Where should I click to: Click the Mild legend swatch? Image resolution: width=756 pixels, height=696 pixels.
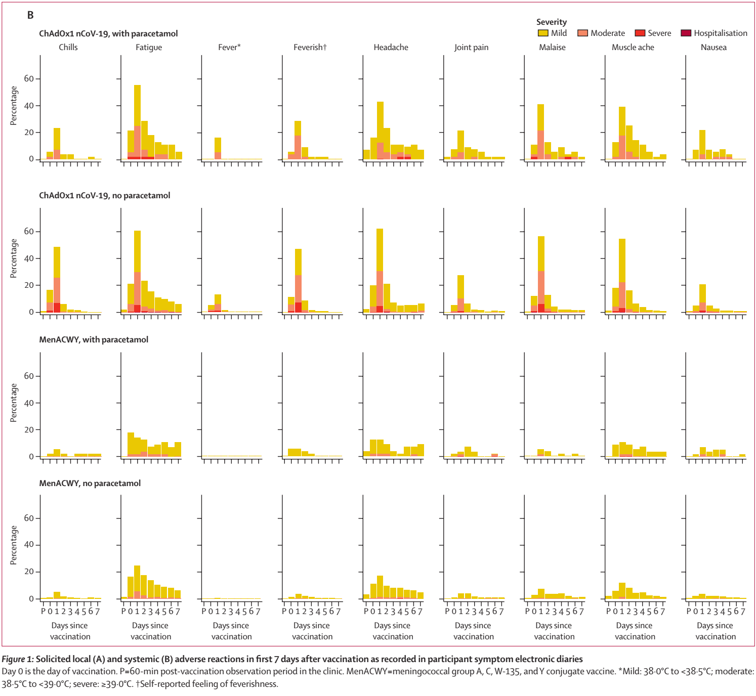pyautogui.click(x=543, y=33)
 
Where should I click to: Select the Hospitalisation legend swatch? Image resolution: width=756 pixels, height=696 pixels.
pyautogui.click(x=686, y=33)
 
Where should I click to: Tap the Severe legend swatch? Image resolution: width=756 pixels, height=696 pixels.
pyautogui.click(x=640, y=33)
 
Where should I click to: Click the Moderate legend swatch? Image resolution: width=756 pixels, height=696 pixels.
pyautogui.click(x=583, y=33)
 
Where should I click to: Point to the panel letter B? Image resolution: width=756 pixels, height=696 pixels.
pyautogui.click(x=30, y=15)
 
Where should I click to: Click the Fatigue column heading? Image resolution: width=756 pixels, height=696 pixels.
pyautogui.click(x=149, y=48)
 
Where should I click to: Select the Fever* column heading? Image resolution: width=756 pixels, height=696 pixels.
pyautogui.click(x=229, y=48)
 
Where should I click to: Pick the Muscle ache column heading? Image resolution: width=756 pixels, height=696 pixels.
pyautogui.click(x=633, y=48)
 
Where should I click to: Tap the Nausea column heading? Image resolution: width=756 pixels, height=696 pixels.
pyautogui.click(x=713, y=48)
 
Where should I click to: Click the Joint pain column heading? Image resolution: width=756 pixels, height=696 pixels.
pyautogui.click(x=471, y=48)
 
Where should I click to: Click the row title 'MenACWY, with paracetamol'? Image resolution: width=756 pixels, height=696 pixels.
pyautogui.click(x=94, y=340)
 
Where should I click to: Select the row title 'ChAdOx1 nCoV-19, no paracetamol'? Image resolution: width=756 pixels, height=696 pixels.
pyautogui.click(x=105, y=196)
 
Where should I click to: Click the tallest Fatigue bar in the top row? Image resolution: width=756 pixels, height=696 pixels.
pyautogui.click(x=137, y=121)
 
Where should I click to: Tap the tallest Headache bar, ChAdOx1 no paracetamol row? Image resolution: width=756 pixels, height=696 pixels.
pyautogui.click(x=380, y=271)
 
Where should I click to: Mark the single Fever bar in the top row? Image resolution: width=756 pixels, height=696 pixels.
pyautogui.click(x=218, y=148)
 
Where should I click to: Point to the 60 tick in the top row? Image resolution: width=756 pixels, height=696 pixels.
pyautogui.click(x=29, y=79)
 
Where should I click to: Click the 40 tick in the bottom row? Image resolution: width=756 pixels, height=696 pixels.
pyautogui.click(x=29, y=545)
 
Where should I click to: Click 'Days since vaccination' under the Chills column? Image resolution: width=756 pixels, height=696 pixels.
pyautogui.click(x=70, y=631)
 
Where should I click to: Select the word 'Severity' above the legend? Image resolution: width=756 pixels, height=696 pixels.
pyautogui.click(x=552, y=22)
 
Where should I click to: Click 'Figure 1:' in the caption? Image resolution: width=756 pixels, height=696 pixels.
pyautogui.click(x=18, y=660)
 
